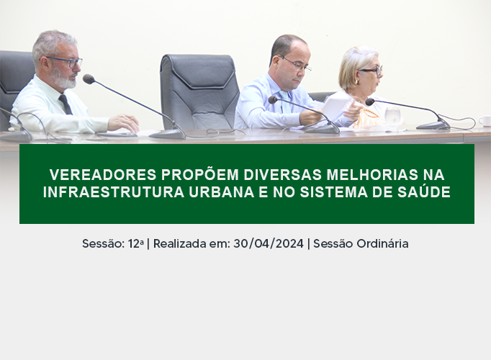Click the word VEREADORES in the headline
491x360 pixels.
(103, 175)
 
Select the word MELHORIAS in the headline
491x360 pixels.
(372, 175)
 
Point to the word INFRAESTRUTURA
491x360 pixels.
(113, 192)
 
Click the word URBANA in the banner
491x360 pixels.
(222, 192)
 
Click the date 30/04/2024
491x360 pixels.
(269, 243)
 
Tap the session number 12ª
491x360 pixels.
(136, 243)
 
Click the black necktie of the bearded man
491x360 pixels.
(65, 104)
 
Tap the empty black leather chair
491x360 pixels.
(199, 91)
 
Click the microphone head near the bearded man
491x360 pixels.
(89, 79)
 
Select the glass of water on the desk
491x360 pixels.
(392, 117)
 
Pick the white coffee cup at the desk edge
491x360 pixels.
(485, 121)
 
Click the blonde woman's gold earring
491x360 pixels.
(356, 81)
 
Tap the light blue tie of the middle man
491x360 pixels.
(285, 101)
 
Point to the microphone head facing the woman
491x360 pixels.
(370, 102)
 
